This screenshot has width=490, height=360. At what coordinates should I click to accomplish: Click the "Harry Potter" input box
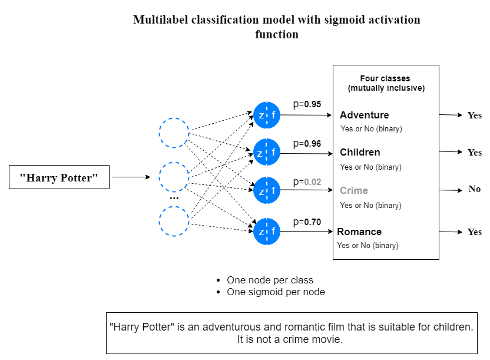[59, 177]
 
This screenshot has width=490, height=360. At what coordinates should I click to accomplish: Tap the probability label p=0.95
[307, 104]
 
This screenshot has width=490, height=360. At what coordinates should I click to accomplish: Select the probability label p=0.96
[307, 143]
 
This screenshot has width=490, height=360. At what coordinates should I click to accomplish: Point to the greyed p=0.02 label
[307, 182]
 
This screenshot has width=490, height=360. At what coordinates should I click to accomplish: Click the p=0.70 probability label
[307, 222]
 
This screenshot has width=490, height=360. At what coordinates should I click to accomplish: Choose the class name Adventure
[364, 115]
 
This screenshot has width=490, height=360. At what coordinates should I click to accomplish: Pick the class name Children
[360, 153]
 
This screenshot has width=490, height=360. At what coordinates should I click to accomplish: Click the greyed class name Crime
[353, 191]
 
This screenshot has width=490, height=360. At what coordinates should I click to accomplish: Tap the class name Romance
[359, 232]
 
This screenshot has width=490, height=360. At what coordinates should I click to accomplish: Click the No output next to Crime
[474, 189]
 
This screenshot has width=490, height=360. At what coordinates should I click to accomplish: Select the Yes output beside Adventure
[474, 115]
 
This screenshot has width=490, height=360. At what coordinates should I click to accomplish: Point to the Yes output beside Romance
[474, 232]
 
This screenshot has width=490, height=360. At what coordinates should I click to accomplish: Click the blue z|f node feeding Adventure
[267, 115]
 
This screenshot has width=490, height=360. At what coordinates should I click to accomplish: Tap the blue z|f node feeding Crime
[267, 191]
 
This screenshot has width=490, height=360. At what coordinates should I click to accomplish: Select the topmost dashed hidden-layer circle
[174, 133]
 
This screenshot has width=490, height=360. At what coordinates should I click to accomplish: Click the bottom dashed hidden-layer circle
[174, 222]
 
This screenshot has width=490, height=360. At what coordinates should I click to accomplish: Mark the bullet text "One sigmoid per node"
[276, 292]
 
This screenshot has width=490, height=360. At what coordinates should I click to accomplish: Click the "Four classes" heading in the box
[385, 78]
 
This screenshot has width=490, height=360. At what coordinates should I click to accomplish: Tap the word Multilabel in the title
[160, 19]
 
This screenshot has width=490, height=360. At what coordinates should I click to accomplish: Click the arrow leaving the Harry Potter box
[131, 177]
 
